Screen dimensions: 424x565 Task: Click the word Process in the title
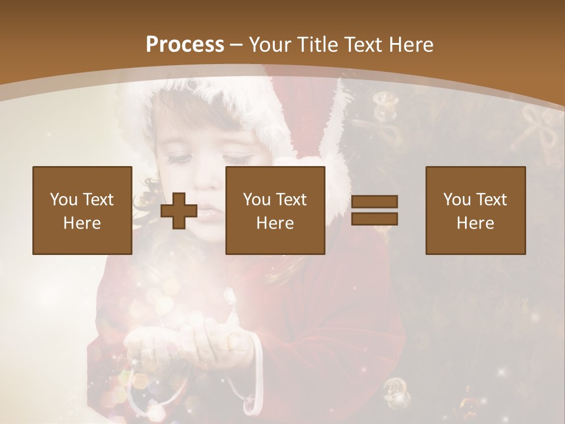(185, 44)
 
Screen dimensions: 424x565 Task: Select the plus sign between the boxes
(179, 211)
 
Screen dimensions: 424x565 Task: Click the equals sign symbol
(374, 210)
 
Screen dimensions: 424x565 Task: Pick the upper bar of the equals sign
(374, 202)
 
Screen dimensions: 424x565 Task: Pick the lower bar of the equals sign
(374, 219)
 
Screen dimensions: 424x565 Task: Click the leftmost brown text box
(82, 210)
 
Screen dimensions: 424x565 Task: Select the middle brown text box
(275, 210)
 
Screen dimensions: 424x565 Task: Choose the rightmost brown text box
(476, 210)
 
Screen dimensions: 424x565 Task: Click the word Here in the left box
(82, 223)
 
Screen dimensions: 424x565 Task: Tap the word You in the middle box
(256, 200)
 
